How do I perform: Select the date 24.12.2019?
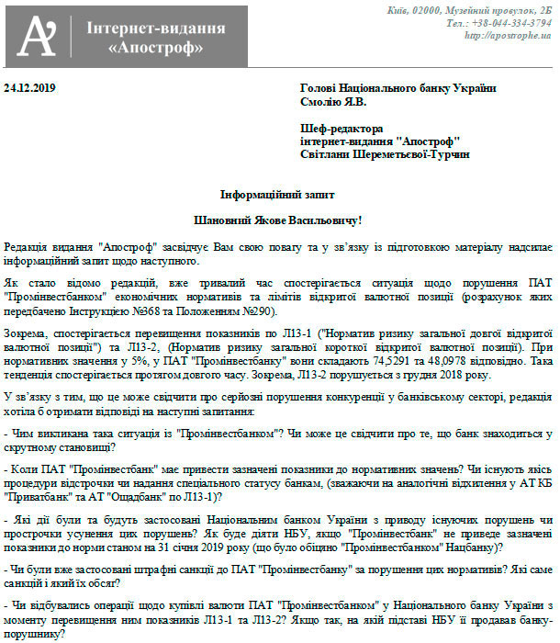(x=31, y=88)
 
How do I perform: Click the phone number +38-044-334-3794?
(x=511, y=23)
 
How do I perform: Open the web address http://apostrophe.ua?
(x=508, y=36)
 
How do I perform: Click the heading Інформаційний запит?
(x=279, y=195)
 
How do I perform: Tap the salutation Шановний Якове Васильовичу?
(x=279, y=221)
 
